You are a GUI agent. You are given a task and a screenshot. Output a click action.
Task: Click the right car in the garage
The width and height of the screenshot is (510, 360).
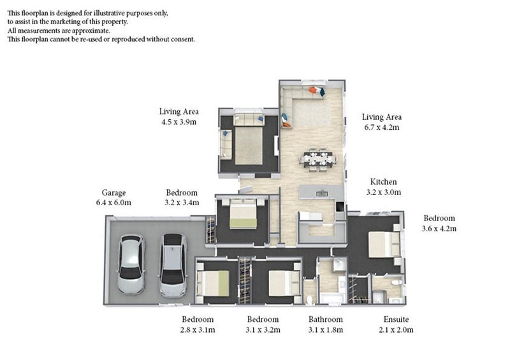[173, 266]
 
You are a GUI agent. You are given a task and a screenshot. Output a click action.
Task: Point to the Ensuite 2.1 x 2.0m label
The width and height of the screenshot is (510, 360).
[392, 324]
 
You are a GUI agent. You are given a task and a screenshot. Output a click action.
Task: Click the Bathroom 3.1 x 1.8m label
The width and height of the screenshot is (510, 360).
[325, 324]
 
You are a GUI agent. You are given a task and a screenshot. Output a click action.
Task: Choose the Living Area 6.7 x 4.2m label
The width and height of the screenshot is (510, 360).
[381, 122]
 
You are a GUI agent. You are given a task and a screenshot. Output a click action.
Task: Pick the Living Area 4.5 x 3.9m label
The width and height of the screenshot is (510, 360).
[178, 116]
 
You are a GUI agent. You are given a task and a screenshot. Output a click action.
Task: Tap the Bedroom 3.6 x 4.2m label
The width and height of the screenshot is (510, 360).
[439, 222]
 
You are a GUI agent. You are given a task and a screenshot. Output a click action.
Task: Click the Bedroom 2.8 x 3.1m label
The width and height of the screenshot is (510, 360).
[198, 324]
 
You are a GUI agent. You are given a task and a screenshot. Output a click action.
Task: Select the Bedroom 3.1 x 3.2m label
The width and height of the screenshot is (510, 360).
[263, 324]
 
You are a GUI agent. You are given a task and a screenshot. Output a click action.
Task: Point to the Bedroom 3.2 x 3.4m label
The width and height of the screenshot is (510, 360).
[182, 198]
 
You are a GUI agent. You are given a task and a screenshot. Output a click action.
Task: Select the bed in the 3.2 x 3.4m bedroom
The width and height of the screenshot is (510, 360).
[244, 214]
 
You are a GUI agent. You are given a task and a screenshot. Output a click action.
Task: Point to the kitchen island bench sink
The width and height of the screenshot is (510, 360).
[322, 192]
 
